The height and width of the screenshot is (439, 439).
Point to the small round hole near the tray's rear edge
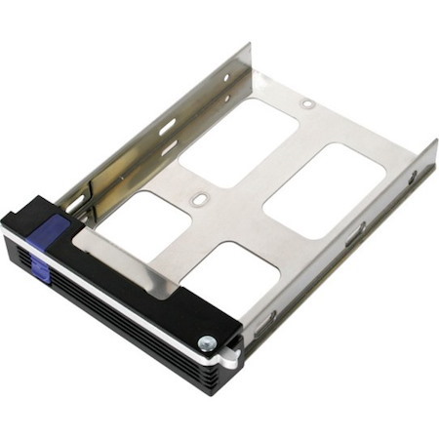coord(307,102)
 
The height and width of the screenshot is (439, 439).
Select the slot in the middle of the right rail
coord(353,234)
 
